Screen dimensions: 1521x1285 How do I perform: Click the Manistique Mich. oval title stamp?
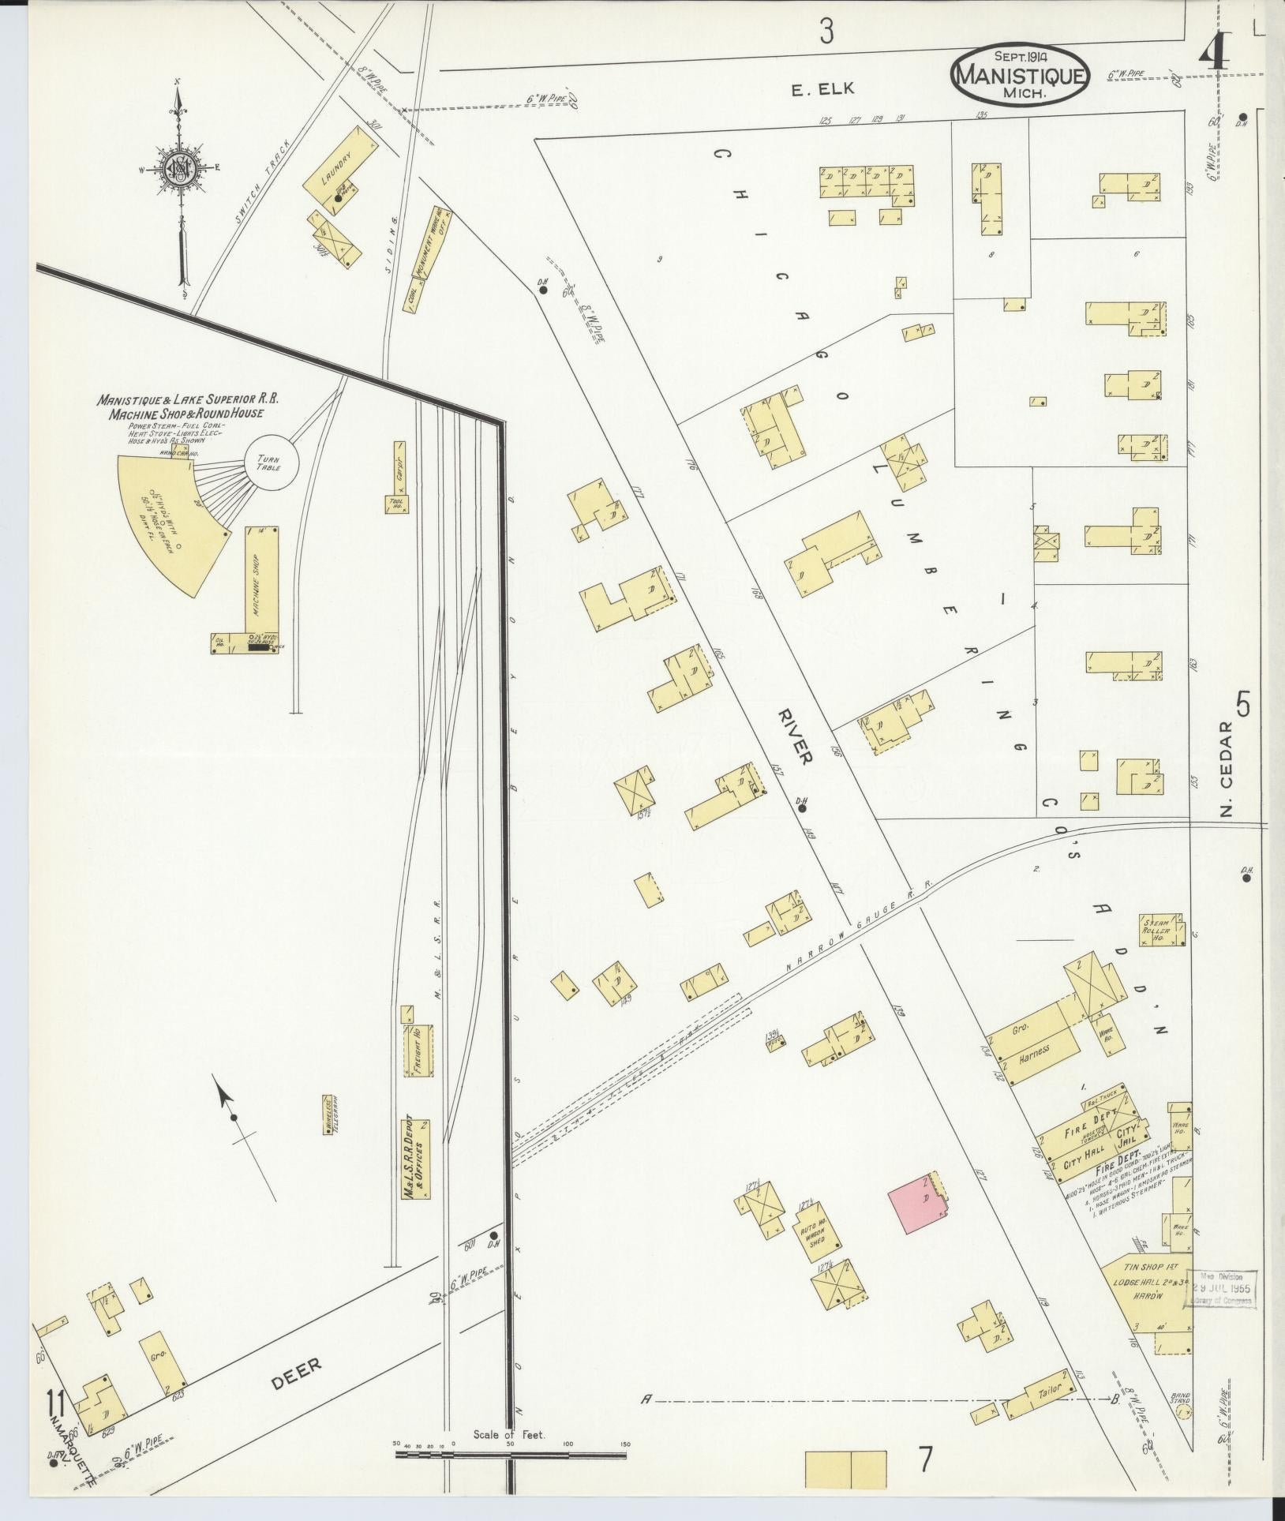click(1021, 73)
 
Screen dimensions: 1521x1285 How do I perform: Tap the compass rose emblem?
click(181, 167)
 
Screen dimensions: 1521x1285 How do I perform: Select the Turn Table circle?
click(272, 460)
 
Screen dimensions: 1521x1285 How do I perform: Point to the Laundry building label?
click(332, 167)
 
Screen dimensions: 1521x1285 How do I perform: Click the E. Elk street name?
click(823, 89)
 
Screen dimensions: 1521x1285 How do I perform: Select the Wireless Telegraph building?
click(328, 1115)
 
